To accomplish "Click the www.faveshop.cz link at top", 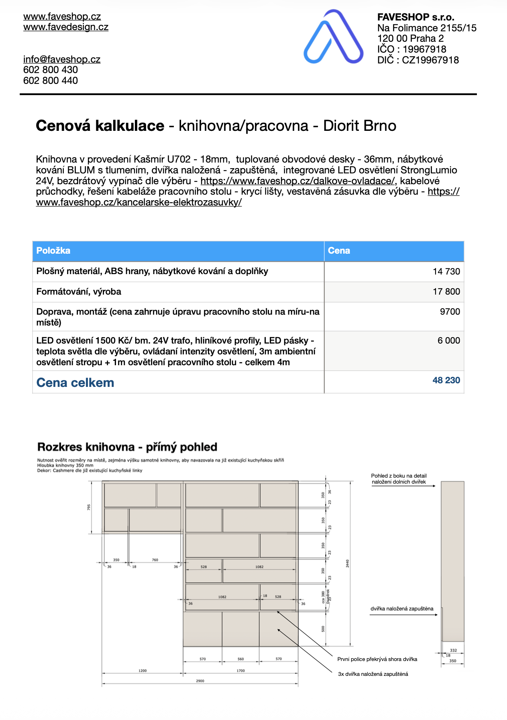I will click(62, 16).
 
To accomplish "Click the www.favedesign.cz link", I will click(65, 27).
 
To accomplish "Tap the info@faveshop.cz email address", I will click(62, 59).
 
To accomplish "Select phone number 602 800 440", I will click(51, 81).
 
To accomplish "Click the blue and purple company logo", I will click(333, 37).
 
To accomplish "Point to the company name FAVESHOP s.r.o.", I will click(415, 17).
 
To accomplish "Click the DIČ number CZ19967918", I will click(430, 60).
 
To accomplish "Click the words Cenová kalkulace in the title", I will click(100, 126).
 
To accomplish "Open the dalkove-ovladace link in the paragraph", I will click(297, 181).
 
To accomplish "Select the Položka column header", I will click(53, 251).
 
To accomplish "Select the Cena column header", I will click(339, 251).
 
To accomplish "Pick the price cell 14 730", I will click(446, 272).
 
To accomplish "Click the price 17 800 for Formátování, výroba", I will click(446, 292).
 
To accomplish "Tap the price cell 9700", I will click(450, 312).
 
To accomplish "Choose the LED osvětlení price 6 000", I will click(448, 341).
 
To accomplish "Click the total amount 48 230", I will click(446, 380).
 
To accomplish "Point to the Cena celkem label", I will click(75, 383).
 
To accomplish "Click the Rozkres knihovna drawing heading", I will click(127, 447).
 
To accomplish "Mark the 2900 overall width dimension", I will click(200, 681).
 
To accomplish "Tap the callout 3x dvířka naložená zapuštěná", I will click(373, 674).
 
